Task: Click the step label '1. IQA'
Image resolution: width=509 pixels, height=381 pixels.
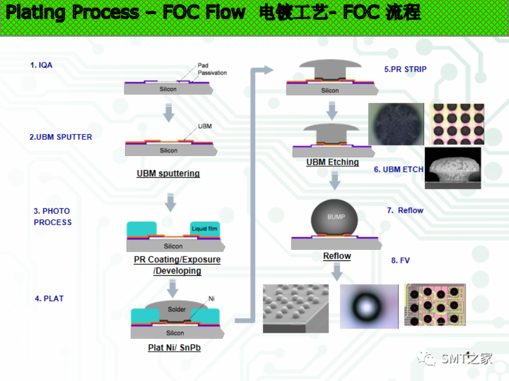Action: coord(41,65)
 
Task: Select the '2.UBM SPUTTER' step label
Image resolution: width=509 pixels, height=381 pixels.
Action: coord(61,137)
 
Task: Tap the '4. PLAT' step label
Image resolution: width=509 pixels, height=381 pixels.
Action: coord(49,299)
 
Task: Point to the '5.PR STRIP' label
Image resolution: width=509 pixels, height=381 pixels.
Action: coord(405,69)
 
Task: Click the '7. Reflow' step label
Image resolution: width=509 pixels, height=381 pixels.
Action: coord(405,210)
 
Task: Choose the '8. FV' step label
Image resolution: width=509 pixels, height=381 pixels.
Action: coord(400,260)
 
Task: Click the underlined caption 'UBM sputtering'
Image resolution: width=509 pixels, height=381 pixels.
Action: coord(168,174)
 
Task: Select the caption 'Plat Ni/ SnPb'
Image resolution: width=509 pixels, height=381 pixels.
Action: coord(174,348)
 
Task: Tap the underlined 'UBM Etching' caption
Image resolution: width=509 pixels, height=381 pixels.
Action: coord(333,162)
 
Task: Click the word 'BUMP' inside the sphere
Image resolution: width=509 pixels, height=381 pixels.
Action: coord(336,217)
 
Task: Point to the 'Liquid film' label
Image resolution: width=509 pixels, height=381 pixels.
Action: coord(205,229)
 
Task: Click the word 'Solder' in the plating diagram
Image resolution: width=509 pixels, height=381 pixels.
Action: coord(176,310)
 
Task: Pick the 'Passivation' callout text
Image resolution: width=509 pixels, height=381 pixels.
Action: coord(212,73)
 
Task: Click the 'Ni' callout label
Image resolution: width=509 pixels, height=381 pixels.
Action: coord(211,299)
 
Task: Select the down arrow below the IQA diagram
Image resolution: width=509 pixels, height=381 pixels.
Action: coord(169,113)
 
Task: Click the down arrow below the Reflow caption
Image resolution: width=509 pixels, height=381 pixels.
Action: coord(337,271)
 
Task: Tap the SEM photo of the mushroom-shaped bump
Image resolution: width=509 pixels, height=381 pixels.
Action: coord(453,168)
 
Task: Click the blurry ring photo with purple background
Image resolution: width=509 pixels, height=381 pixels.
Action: coord(369,306)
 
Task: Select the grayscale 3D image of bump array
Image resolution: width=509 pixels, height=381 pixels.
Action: coord(295,308)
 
